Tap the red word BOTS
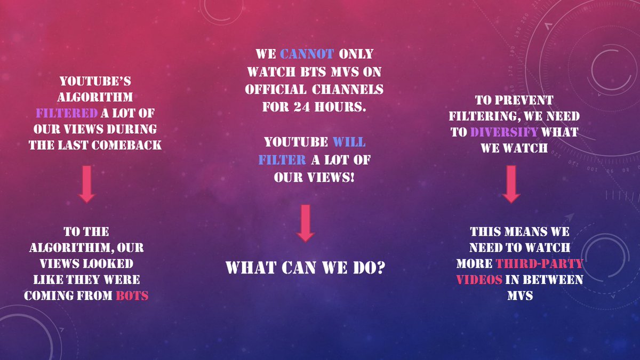132,295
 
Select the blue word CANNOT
307,54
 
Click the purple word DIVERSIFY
503,132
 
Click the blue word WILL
349,143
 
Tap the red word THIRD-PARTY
539,263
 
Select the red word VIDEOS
478,279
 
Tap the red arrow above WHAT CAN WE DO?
305,222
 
